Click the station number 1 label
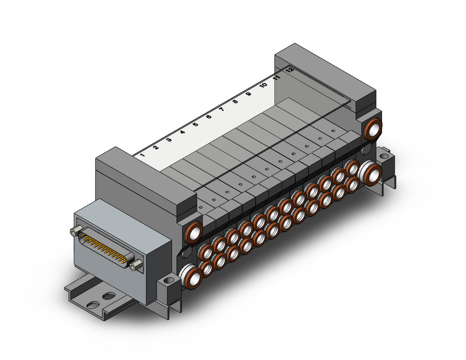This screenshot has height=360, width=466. (142, 155)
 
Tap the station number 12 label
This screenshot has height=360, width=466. (291, 70)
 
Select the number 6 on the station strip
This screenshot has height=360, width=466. (209, 117)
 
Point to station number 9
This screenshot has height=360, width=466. (249, 94)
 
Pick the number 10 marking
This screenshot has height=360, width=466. (263, 85)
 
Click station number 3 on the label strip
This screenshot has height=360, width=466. (169, 139)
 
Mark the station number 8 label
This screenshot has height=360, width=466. (236, 101)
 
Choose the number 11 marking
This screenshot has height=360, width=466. (277, 78)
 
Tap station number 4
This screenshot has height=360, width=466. (183, 132)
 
